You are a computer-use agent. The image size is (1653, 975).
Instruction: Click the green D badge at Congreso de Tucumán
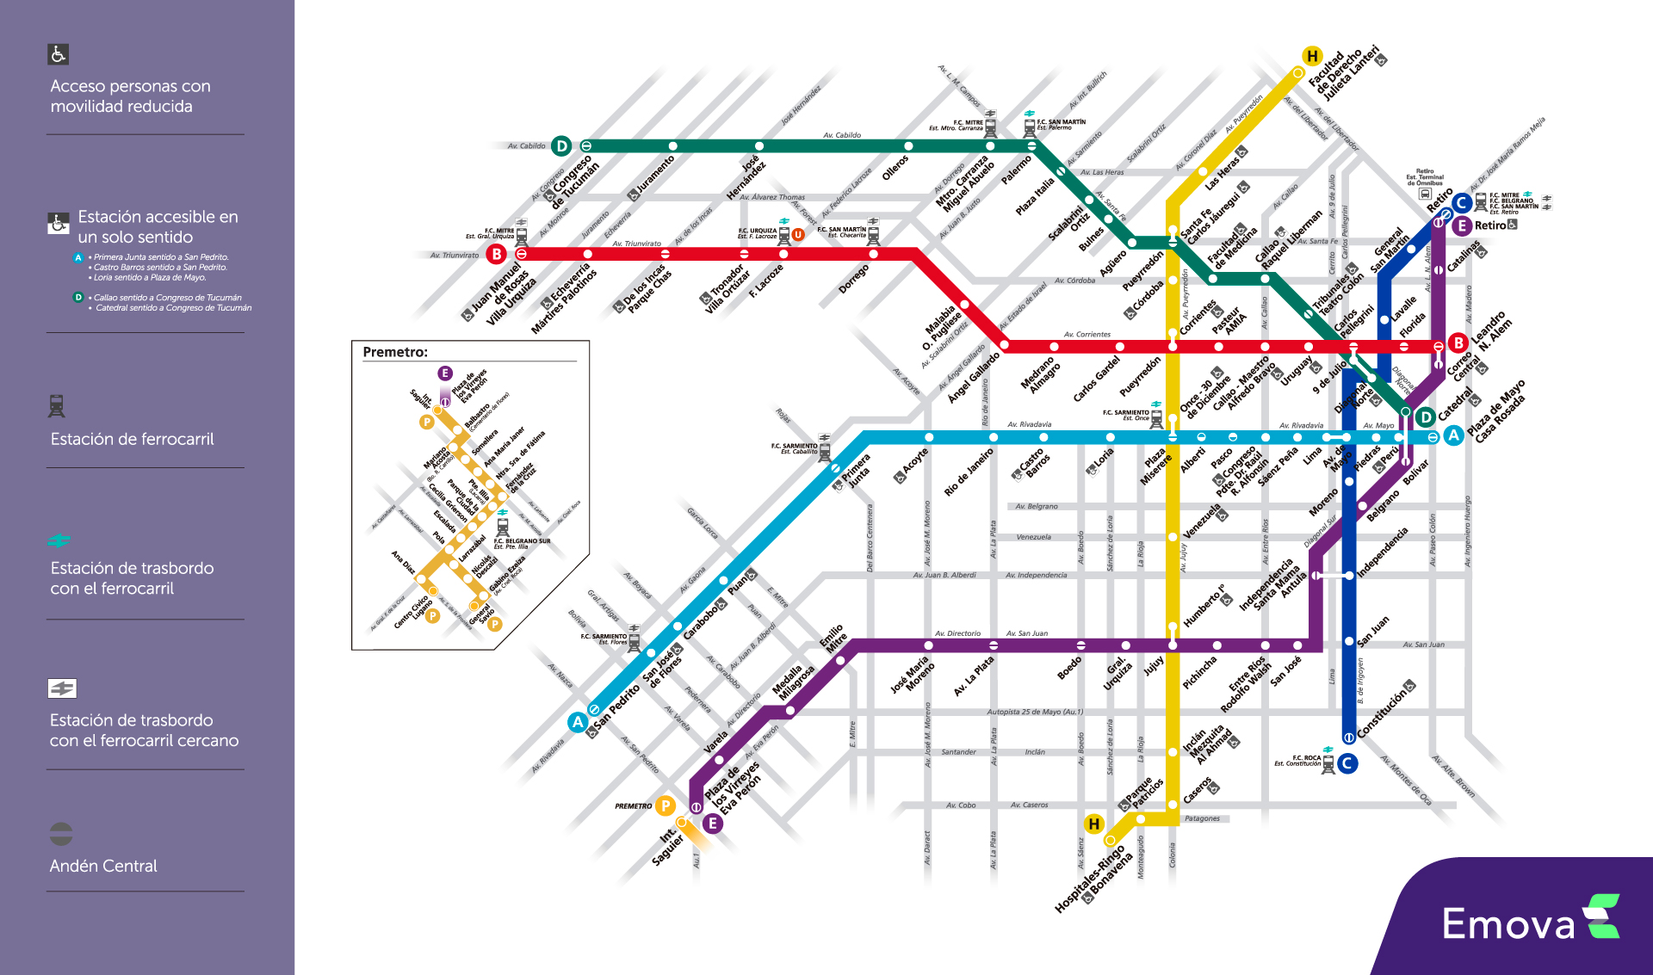point(562,146)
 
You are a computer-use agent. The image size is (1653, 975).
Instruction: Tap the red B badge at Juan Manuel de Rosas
point(497,254)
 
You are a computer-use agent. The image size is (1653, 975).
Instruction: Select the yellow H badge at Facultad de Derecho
point(1312,57)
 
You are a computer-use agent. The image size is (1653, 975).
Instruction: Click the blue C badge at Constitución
point(1347,763)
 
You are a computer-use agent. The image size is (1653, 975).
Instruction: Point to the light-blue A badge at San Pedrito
point(578,722)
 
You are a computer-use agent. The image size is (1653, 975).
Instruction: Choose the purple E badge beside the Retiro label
point(1461,226)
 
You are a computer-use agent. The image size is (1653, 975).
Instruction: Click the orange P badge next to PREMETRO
point(665,805)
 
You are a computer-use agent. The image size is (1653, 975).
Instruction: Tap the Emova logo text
point(1508,924)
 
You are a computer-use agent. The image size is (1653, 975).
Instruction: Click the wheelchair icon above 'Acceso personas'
point(58,54)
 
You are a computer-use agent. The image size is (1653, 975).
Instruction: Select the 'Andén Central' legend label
point(103,866)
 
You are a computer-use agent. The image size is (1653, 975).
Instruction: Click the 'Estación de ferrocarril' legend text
point(132,439)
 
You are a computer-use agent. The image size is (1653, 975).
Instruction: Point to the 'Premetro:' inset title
point(395,352)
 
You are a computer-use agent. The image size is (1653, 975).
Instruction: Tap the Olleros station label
point(895,167)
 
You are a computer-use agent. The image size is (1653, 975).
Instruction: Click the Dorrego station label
point(854,279)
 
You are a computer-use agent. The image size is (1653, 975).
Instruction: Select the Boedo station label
point(1069,669)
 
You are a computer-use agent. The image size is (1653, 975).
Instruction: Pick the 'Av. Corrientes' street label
point(1087,334)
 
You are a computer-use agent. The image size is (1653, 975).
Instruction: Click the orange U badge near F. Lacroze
point(798,234)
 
